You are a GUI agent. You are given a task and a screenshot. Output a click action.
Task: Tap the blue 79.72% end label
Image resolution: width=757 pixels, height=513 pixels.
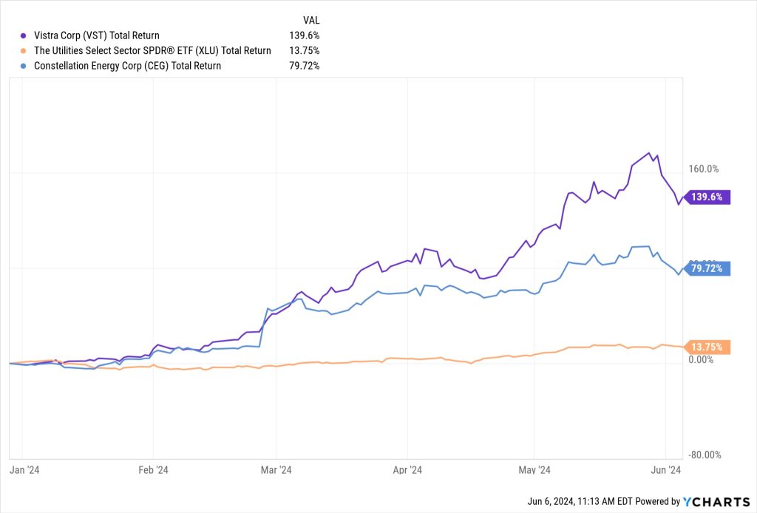(x=708, y=269)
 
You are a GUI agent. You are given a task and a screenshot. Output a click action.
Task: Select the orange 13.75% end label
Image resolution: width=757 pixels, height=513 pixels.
(x=708, y=347)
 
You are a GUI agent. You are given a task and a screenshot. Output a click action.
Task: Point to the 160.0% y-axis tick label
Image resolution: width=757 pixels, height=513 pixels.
(x=703, y=169)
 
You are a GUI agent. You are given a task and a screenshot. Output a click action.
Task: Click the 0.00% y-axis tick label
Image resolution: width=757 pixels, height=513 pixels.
(x=700, y=360)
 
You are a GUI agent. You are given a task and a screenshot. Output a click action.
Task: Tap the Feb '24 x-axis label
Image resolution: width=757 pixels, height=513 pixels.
(x=153, y=470)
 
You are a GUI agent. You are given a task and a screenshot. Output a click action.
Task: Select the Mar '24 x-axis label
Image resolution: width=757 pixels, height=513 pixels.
(x=275, y=470)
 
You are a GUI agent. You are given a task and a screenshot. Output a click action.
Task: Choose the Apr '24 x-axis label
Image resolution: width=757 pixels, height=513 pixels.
(x=407, y=470)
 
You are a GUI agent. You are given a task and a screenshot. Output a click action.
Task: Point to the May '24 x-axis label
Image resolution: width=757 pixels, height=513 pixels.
(x=534, y=470)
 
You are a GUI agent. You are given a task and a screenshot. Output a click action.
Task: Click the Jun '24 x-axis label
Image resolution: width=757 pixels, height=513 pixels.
(x=665, y=470)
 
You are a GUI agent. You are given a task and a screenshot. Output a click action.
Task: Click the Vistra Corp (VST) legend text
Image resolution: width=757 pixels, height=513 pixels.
(x=96, y=35)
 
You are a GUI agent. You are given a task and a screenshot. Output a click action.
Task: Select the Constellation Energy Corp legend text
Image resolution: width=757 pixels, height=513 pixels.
(x=127, y=66)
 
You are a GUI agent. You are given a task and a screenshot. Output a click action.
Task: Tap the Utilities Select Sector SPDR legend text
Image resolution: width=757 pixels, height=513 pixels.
(x=152, y=50)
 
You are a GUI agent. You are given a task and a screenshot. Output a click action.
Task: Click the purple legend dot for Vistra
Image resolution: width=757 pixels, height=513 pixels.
(x=24, y=35)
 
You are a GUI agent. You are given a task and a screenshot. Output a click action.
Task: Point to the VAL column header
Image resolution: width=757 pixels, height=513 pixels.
(x=311, y=20)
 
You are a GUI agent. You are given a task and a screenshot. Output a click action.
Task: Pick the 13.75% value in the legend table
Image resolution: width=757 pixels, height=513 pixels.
(x=304, y=50)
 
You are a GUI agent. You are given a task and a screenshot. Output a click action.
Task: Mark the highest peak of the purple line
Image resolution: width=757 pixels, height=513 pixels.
(x=649, y=153)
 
